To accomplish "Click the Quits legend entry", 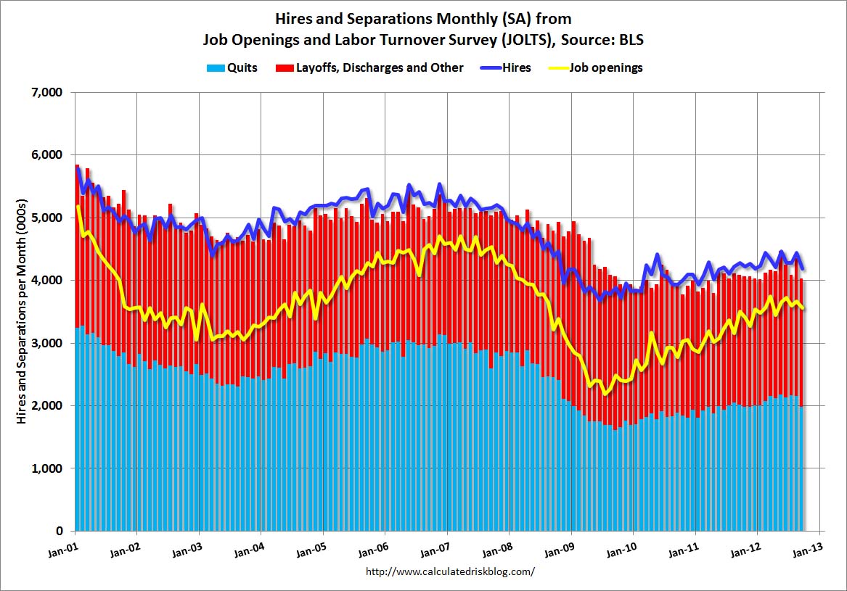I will [x=240, y=68].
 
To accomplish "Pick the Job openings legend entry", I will [x=606, y=68].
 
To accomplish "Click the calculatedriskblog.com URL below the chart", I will [x=451, y=571].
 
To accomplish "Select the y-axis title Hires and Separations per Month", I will [x=22, y=311].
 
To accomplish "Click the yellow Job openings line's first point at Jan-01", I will [x=78, y=207].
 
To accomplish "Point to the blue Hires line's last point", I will [x=802, y=268].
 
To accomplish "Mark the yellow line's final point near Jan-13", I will [x=802, y=307].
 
